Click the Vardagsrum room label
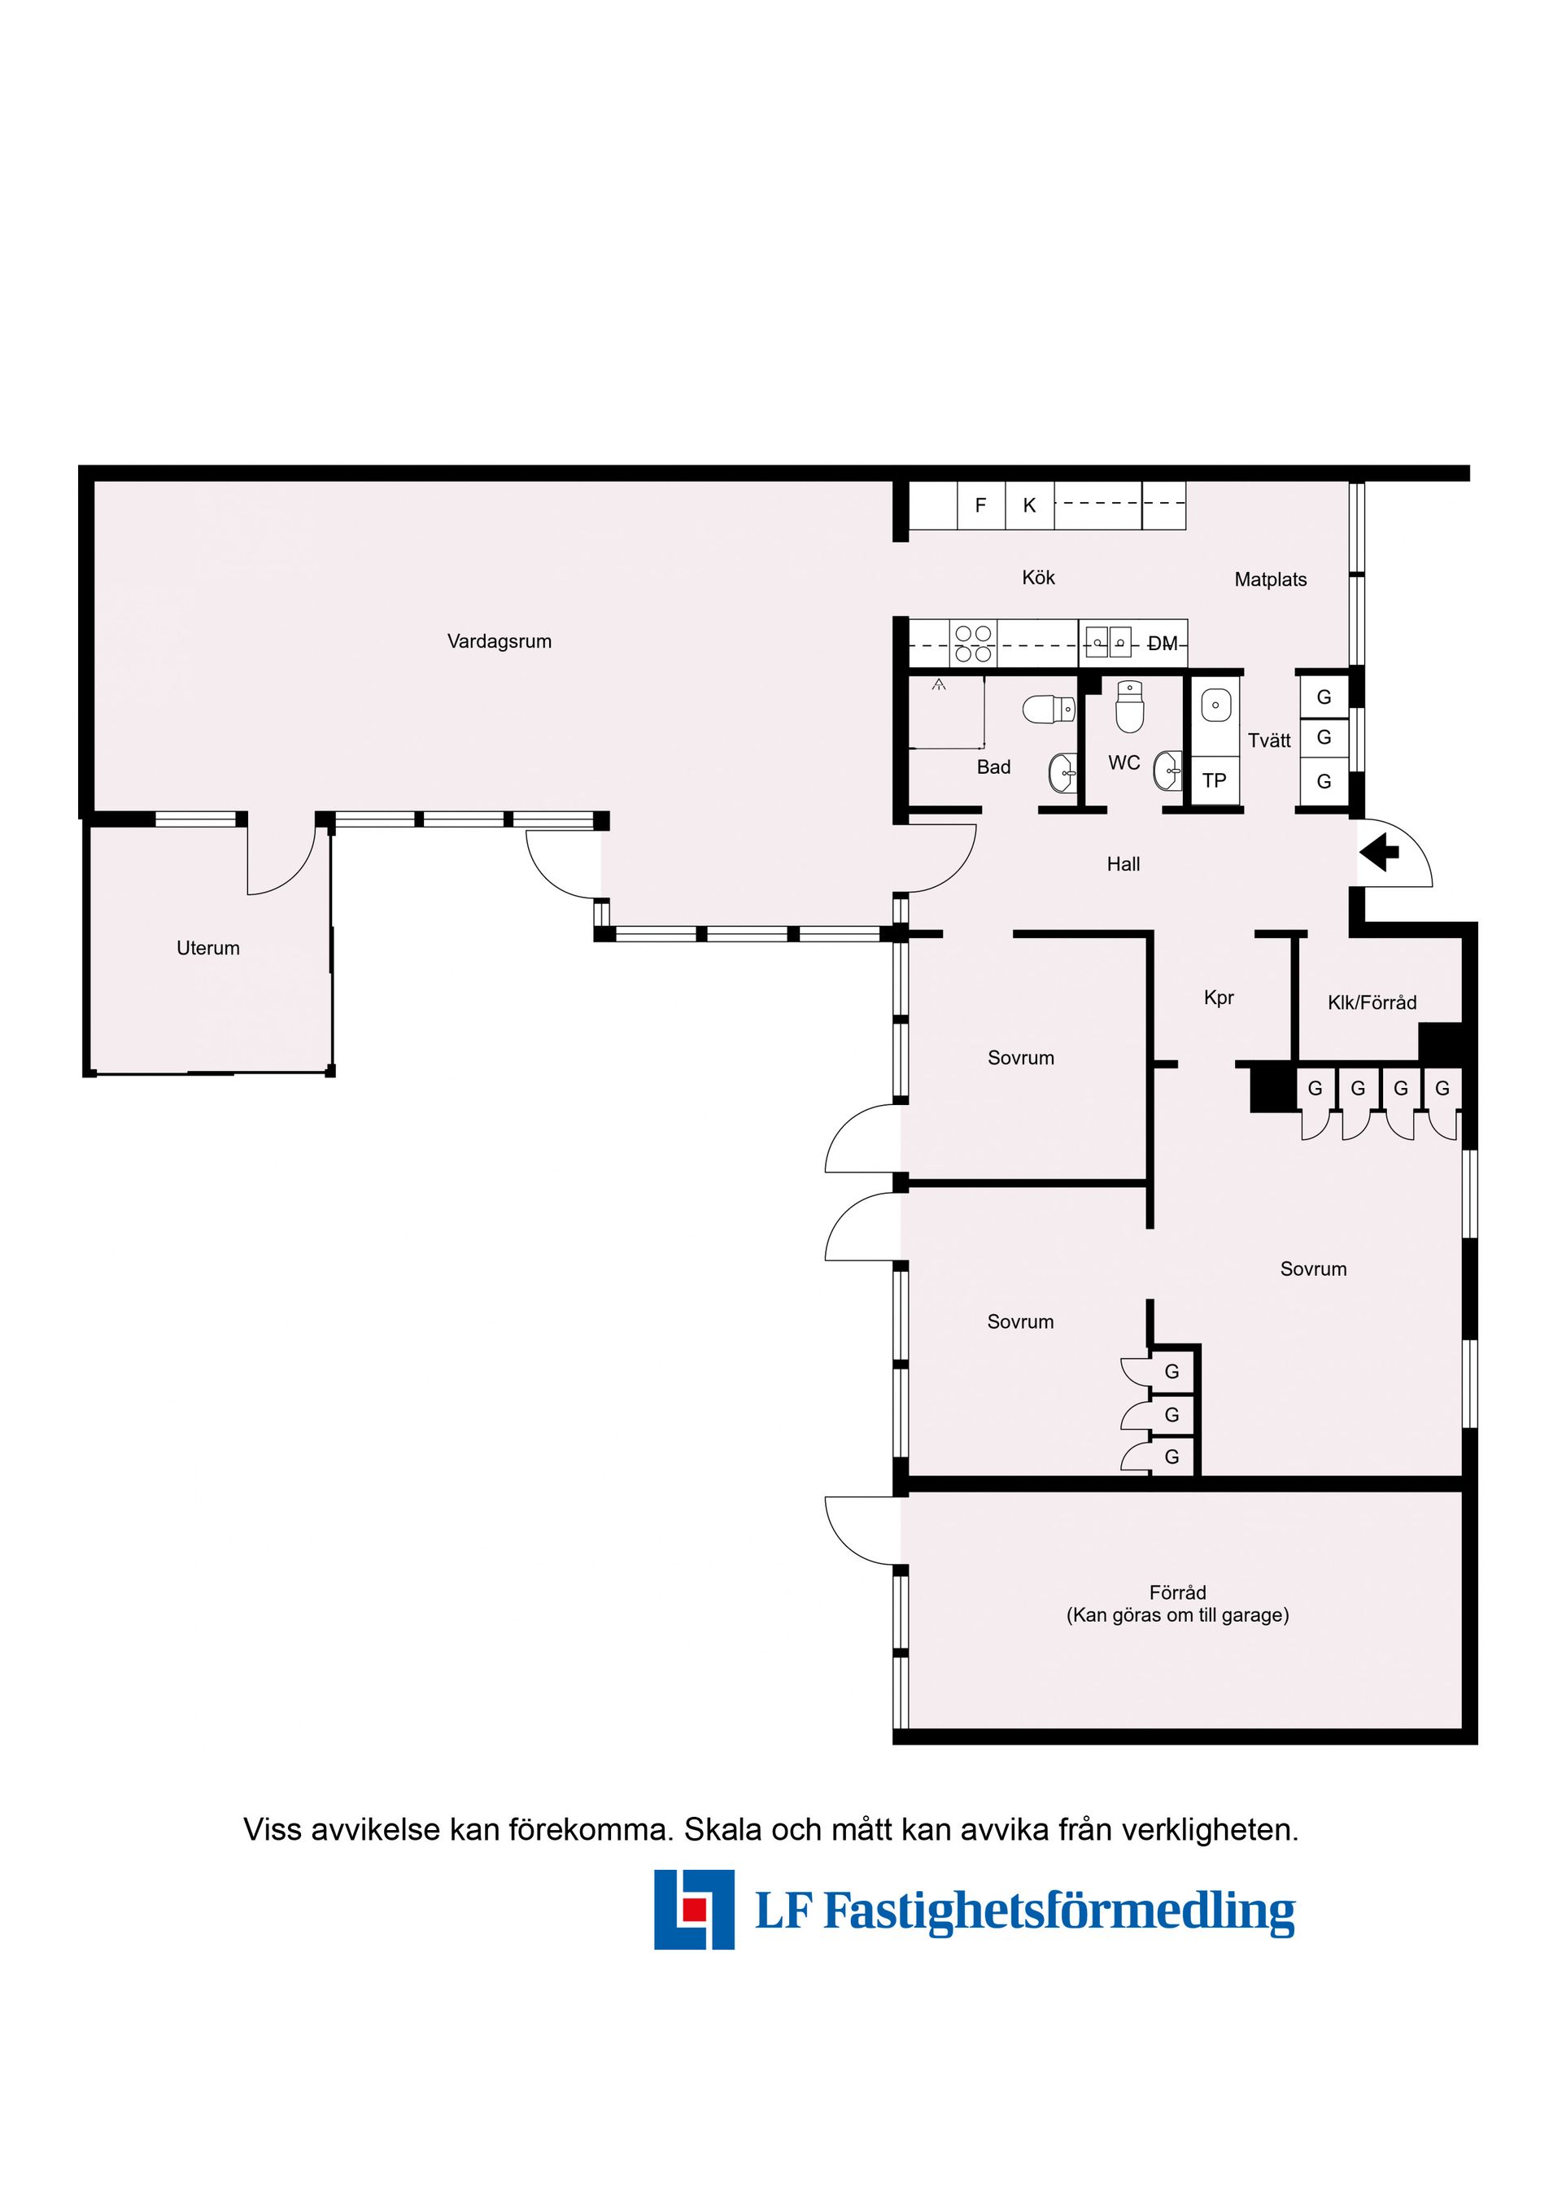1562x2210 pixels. point(499,641)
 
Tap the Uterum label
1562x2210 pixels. point(208,947)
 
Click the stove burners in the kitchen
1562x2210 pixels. point(973,643)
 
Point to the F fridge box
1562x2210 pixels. point(980,505)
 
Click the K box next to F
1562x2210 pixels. point(1029,505)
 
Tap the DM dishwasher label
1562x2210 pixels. point(1163,644)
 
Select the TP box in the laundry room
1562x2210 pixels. point(1214,780)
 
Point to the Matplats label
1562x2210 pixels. point(1271,579)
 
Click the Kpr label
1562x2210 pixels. point(1219,998)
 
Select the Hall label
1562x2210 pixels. point(1124,864)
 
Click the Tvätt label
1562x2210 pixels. point(1268,740)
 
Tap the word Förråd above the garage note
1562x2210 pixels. point(1177,1592)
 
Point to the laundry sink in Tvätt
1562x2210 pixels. point(1215,705)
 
